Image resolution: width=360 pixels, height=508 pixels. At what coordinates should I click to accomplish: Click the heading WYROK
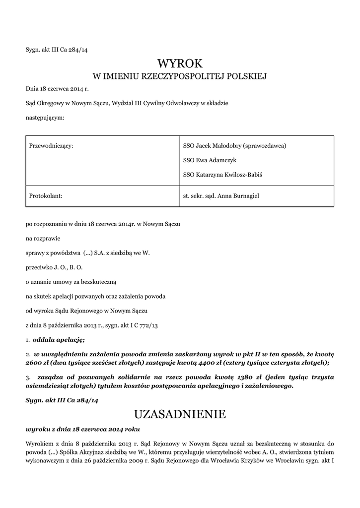click(180, 63)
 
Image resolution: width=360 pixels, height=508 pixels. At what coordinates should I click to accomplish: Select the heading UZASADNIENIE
click(180, 414)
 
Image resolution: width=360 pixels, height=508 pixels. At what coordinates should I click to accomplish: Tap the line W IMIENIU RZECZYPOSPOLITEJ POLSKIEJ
click(180, 76)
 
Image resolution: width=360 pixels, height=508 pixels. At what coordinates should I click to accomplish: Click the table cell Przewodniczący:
click(52, 146)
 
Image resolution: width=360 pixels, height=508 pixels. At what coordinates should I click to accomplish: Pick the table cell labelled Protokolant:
click(45, 196)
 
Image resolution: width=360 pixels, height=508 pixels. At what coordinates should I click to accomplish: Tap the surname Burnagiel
click(244, 196)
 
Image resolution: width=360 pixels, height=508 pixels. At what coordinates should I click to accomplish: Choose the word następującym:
click(45, 118)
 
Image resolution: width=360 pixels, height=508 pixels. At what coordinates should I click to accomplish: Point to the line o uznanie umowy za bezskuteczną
click(71, 282)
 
